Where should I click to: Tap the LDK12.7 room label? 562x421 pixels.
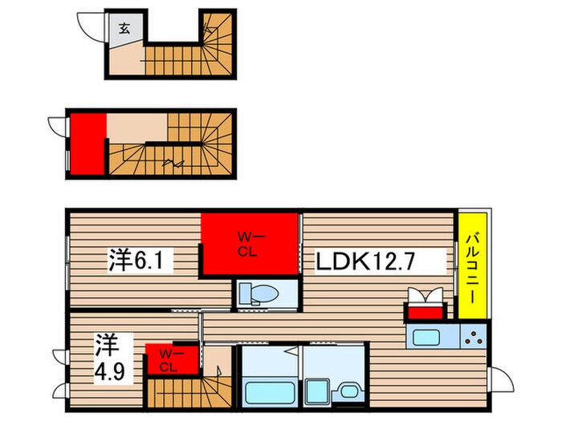(379, 261)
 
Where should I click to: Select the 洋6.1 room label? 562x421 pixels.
(141, 260)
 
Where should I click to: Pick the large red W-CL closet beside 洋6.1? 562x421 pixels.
(250, 244)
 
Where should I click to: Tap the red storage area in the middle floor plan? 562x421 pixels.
(88, 143)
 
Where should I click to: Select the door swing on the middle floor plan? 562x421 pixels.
(56, 128)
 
